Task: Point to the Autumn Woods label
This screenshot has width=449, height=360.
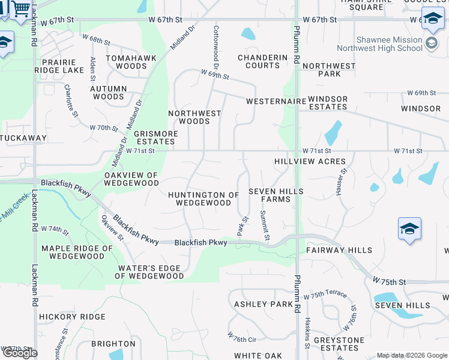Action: [109, 92]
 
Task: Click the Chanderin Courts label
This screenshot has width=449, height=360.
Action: [263, 61]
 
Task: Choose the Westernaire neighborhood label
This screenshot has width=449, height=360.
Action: [276, 101]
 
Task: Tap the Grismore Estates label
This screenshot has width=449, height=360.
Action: [155, 137]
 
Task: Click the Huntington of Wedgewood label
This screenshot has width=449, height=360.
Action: [203, 199]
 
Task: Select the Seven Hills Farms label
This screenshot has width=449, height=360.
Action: [276, 195]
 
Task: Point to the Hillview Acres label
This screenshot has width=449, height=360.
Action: [310, 161]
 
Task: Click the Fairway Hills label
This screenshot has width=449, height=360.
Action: [339, 250]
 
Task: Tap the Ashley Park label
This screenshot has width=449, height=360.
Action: [264, 304]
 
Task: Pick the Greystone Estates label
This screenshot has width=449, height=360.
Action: [340, 344]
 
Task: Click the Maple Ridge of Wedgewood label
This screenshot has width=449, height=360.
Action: [77, 252]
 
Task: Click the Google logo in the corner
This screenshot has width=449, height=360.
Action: [20, 353]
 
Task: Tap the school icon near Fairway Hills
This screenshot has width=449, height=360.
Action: [409, 229]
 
